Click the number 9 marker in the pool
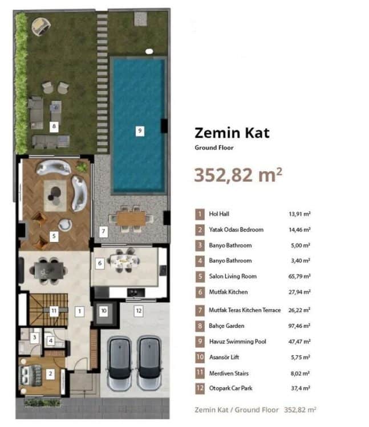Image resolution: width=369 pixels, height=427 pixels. pyautogui.click(x=140, y=131)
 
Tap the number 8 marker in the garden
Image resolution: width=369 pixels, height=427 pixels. pyautogui.click(x=54, y=126)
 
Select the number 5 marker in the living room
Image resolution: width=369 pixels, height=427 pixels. pyautogui.click(x=54, y=236)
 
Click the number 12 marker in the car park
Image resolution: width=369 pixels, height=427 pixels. pyautogui.click(x=139, y=311)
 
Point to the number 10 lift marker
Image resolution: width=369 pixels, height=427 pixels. pyautogui.click(x=104, y=311)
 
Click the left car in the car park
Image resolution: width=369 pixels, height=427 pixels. pyautogui.click(x=119, y=363)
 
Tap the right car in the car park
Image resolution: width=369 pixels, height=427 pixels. pyautogui.click(x=149, y=363)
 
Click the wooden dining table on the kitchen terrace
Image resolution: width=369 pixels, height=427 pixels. pyautogui.click(x=131, y=219)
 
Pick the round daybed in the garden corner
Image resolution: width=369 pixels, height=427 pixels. pyautogui.click(x=40, y=26)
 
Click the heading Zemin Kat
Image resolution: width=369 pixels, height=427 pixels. pyautogui.click(x=232, y=133)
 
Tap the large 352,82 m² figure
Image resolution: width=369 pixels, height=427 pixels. pyautogui.click(x=238, y=175)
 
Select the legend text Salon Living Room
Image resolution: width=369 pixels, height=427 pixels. pyautogui.click(x=233, y=276)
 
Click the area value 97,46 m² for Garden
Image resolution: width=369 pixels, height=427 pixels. pyautogui.click(x=299, y=326)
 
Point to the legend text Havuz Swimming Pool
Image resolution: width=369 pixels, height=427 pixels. pyautogui.click(x=237, y=342)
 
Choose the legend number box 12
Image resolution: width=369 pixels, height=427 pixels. pyautogui.click(x=200, y=388)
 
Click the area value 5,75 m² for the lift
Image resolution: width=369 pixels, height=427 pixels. pyautogui.click(x=301, y=357)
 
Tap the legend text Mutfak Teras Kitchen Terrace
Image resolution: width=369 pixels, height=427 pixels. pyautogui.click(x=245, y=310)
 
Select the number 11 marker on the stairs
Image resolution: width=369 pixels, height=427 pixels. pyautogui.click(x=54, y=311)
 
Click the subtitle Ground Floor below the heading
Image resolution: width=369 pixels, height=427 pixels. pyautogui.click(x=214, y=147)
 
